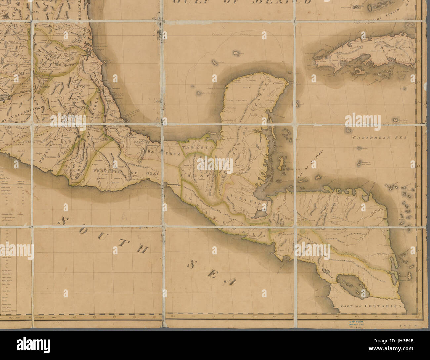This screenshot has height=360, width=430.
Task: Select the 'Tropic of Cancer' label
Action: tap(231, 34)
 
